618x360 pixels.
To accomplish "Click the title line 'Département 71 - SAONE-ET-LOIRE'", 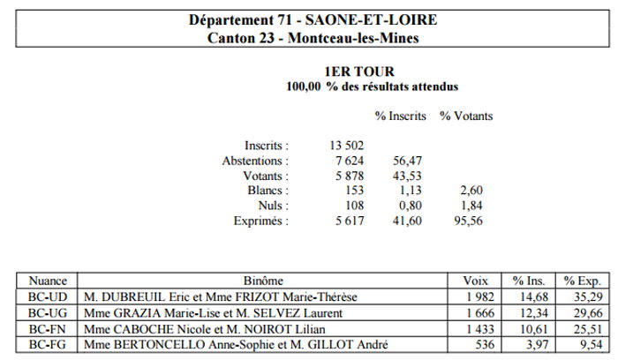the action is (x=313, y=19).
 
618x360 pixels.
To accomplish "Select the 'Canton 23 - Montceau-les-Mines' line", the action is (x=313, y=38).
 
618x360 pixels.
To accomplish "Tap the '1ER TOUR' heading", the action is (x=359, y=71).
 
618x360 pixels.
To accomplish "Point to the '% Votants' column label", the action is (x=466, y=116).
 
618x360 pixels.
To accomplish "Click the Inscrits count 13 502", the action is (x=346, y=146).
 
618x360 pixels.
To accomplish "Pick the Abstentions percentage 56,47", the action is (x=407, y=161).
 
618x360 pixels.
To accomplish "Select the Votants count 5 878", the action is (x=350, y=176).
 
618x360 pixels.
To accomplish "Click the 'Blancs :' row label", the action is (x=268, y=191).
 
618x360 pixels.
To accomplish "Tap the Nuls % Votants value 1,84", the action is (x=471, y=206).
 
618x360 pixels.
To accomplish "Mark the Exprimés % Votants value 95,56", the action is (x=468, y=221).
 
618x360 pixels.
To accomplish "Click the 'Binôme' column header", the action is (x=263, y=281).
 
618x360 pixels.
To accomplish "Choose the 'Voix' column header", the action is (x=475, y=281).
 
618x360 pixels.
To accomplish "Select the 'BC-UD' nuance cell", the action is (x=48, y=297).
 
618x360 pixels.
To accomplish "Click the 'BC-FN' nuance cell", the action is (x=48, y=329).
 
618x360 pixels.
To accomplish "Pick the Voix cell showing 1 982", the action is (x=480, y=297).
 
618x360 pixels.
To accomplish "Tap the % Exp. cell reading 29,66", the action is (x=588, y=313).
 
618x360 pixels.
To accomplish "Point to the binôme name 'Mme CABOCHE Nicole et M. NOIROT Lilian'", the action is (x=205, y=329).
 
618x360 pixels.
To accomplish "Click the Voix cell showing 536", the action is (x=485, y=345).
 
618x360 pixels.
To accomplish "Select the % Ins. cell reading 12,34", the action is (x=534, y=313).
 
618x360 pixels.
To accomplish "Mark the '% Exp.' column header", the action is (x=582, y=281).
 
